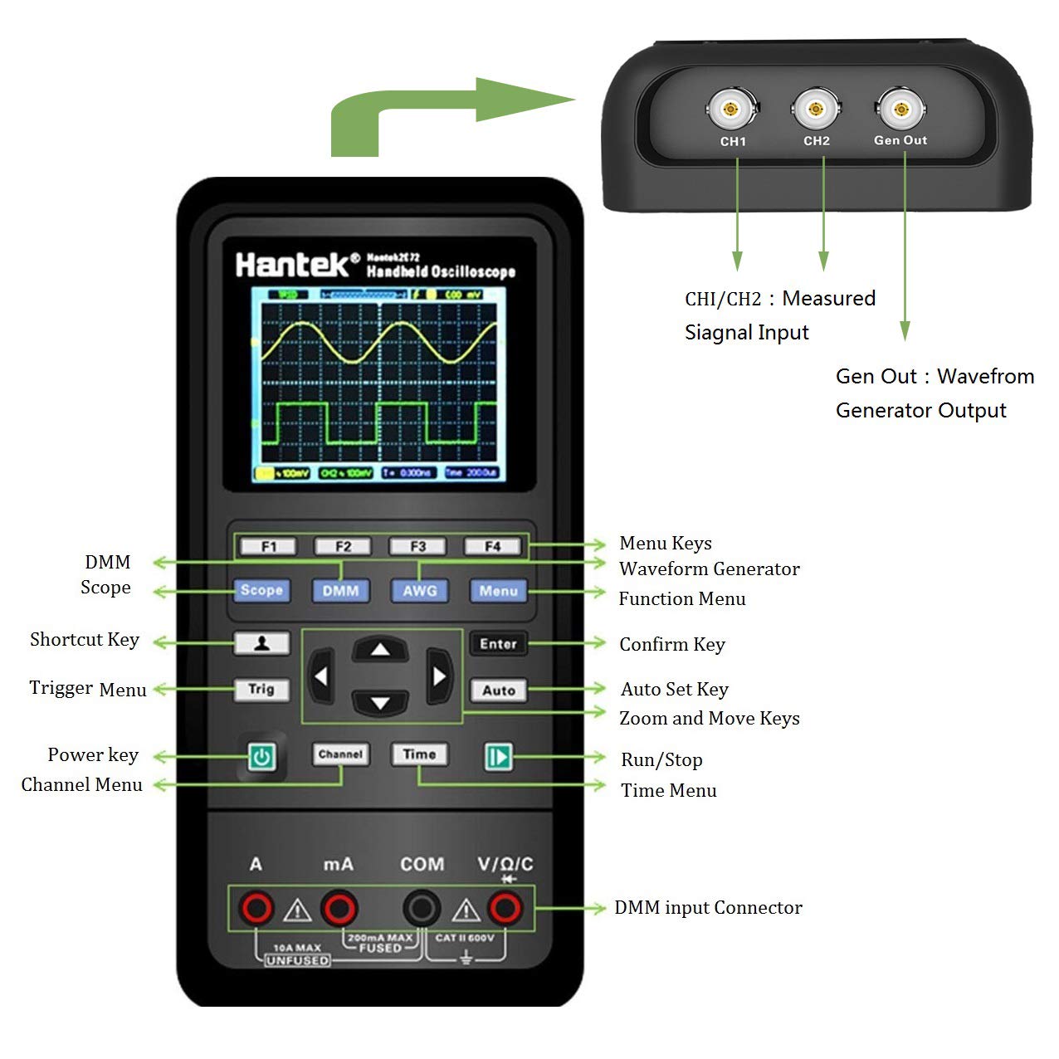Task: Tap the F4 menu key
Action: click(492, 546)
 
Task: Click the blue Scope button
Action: click(261, 590)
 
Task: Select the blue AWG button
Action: click(419, 591)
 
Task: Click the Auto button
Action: click(498, 690)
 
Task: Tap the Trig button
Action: click(261, 689)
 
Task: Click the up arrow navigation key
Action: click(380, 649)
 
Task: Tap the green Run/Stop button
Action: click(498, 757)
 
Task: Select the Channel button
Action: click(340, 754)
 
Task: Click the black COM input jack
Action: click(422, 909)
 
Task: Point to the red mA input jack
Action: click(339, 909)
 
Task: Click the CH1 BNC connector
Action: click(731, 109)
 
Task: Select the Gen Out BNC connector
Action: click(900, 109)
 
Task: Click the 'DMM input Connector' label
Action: click(708, 908)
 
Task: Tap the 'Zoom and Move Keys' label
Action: click(709, 719)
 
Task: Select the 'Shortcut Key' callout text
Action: click(85, 640)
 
